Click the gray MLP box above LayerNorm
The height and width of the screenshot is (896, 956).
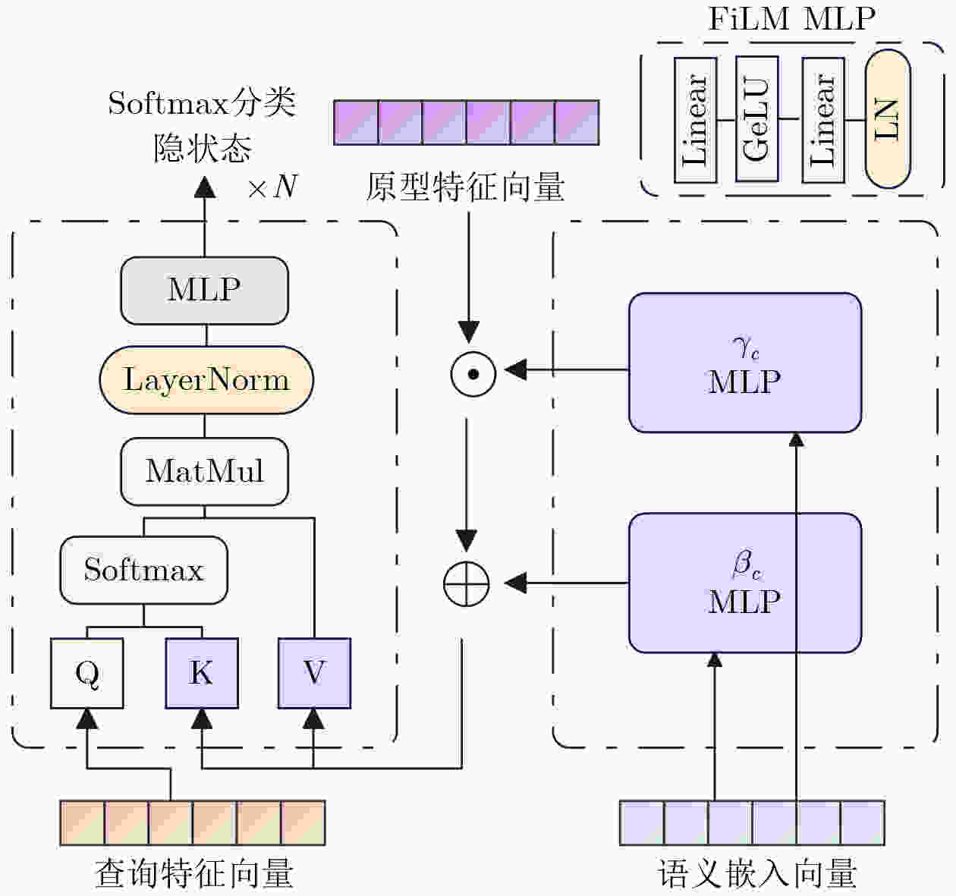[x=204, y=291]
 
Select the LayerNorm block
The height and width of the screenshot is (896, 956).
[x=206, y=380]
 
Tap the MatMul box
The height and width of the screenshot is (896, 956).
[x=204, y=471]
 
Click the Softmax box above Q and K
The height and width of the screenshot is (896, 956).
[x=143, y=570]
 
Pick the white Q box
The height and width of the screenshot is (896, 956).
[x=87, y=673]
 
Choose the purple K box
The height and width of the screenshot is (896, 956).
[x=201, y=673]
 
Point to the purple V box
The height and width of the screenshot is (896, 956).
[x=314, y=673]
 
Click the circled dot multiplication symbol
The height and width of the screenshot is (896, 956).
[x=473, y=373]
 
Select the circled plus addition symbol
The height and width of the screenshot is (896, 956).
[x=466, y=583]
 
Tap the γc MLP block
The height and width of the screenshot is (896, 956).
[x=744, y=363]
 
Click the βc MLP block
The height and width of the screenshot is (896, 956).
[x=744, y=583]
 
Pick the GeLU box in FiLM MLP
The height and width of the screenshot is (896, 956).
[x=756, y=120]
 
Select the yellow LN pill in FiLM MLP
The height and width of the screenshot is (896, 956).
[x=887, y=119]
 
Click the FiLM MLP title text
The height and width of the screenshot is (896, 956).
[x=791, y=18]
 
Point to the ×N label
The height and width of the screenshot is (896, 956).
[x=272, y=186]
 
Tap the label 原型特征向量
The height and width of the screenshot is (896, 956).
[x=465, y=187]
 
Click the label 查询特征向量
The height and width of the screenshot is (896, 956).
[x=194, y=874]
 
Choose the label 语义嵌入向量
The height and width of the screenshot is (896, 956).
[x=757, y=874]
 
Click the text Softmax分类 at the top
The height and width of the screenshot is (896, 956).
[x=201, y=102]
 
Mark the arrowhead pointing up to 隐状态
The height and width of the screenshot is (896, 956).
[x=205, y=186]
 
